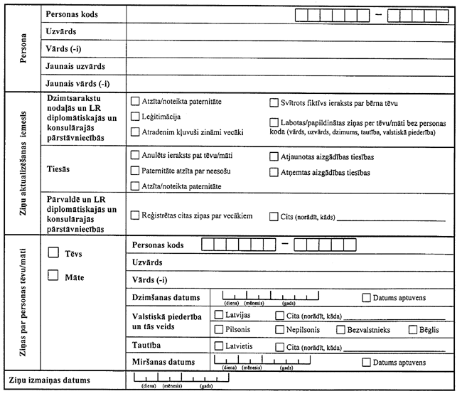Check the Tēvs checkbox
pyautogui.click(x=53, y=252)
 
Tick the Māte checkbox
pyautogui.click(x=53, y=277)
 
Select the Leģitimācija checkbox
pyautogui.click(x=135, y=116)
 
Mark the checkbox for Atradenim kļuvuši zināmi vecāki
pyautogui.click(x=135, y=132)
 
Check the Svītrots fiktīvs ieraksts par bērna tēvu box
pyautogui.click(x=274, y=101)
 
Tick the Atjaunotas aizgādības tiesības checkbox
pyautogui.click(x=274, y=156)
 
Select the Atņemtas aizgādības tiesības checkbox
pyautogui.click(x=274, y=171)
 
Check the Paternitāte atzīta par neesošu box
pyautogui.click(x=135, y=170)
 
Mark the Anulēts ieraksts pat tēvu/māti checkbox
pyautogui.click(x=135, y=154)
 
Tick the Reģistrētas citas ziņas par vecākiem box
pyautogui.click(x=135, y=214)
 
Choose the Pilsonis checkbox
pyautogui.click(x=219, y=330)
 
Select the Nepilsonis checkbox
pyautogui.click(x=279, y=330)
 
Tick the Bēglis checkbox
pyautogui.click(x=414, y=330)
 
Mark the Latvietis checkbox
pyautogui.click(x=219, y=346)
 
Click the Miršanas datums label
pyautogui.click(x=163, y=362)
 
